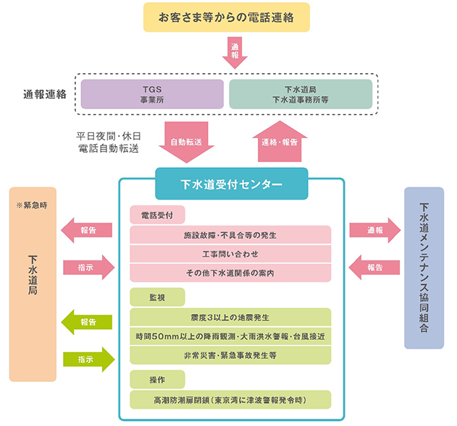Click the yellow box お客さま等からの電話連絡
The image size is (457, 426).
click(227, 17)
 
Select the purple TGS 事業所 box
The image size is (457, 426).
click(151, 94)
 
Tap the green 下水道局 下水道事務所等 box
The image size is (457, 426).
click(301, 94)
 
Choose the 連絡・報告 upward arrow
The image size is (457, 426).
click(279, 141)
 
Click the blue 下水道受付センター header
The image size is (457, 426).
click(231, 184)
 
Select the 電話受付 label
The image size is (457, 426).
click(157, 215)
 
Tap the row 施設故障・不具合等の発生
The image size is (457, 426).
click(230, 235)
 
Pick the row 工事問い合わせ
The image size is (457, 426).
click(230, 254)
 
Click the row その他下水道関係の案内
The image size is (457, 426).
click(230, 273)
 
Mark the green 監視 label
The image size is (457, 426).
click(157, 297)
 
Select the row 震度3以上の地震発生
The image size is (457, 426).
click(230, 318)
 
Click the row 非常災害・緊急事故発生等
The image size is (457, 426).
click(230, 355)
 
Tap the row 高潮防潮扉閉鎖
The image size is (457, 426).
click(230, 399)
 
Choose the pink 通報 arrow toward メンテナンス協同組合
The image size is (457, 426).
click(374, 230)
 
